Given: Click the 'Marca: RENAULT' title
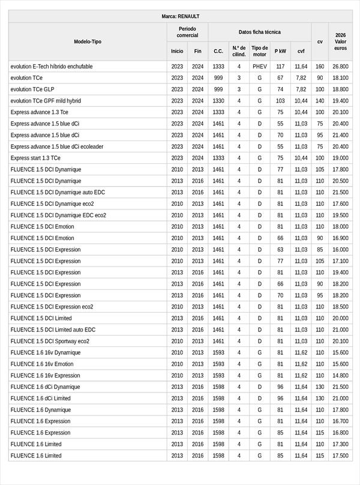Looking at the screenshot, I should pos(180,16).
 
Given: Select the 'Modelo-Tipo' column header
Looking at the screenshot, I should pos(88,41).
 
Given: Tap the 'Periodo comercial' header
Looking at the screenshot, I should pos(187,32).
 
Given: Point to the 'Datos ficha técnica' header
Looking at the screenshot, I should pos(259,32).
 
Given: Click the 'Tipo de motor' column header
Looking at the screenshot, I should pos(259,51).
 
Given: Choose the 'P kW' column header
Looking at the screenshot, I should pos(280,52).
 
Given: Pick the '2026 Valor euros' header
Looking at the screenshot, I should pos(340,41).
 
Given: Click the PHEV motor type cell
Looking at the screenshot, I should pos(259,67).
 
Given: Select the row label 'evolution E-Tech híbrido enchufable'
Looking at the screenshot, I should pos(52,67).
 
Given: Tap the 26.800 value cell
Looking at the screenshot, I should pos(340,67).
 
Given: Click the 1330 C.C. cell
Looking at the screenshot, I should pos(218,101).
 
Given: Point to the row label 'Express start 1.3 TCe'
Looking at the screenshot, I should pos(35,158).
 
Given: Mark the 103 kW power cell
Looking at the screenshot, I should pos(280,101).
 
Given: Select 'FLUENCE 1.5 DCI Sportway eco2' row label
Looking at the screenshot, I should pos(50,341).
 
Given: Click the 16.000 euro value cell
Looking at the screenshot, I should pos(340,250).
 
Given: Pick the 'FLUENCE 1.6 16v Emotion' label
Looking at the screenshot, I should pos(42,364).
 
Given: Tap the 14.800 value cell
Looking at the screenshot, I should pos(340,376).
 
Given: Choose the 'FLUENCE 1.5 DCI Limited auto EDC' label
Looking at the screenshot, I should pos(53,330).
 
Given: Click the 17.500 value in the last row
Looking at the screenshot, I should pos(340,456).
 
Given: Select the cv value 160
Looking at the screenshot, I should pos(320,67).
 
